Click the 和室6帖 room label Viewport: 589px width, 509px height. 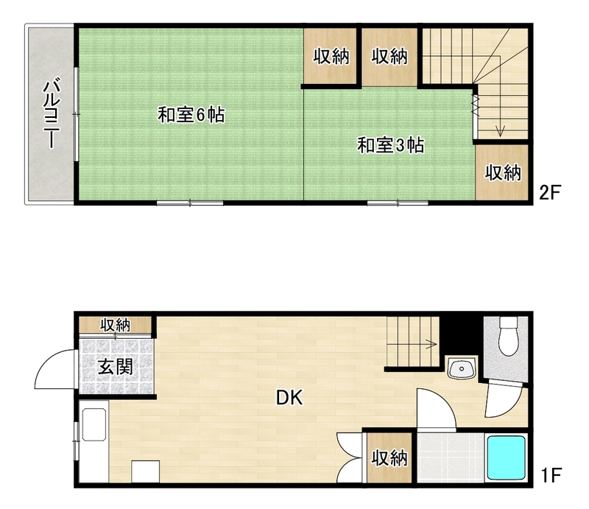pos(191,115)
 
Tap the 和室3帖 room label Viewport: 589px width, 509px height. pos(391,146)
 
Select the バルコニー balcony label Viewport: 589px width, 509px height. pos(52,114)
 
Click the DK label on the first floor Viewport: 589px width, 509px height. pos(289,397)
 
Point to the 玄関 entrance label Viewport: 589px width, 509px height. pos(116,367)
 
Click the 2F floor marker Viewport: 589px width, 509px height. pos(549,193)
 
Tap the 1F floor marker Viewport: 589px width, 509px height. pos(551,475)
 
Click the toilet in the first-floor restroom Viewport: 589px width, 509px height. pos(509,336)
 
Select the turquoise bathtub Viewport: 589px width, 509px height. pos(506,457)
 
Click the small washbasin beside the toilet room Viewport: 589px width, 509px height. pos(462,368)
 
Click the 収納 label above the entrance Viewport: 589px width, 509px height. pos(116,325)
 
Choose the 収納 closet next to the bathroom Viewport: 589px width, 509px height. pos(389,458)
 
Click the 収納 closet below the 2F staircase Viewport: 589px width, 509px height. pos(502,172)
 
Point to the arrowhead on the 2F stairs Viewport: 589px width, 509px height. pos(500,132)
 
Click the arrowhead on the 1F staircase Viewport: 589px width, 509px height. pos(434,344)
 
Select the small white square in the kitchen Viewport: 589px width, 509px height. pos(145,471)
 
